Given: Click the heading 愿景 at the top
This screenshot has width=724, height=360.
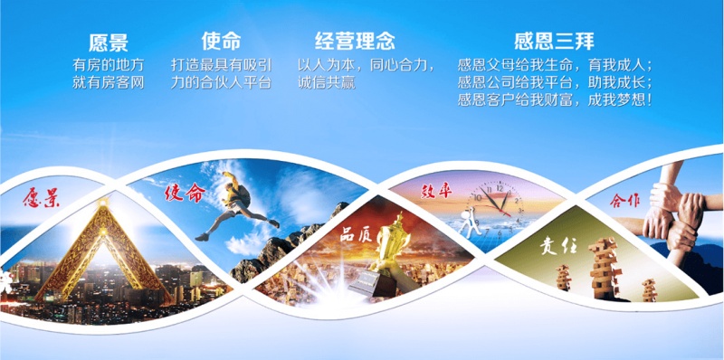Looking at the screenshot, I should point(108,42).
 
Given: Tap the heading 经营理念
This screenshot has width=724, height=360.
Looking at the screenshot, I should point(355,42).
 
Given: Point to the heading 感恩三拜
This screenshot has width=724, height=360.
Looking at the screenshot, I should point(555,42).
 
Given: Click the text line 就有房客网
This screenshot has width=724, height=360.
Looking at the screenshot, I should point(108,82).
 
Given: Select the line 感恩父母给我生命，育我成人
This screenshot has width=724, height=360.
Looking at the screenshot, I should point(555,65).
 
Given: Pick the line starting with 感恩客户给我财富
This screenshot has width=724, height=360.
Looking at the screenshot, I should point(555,99).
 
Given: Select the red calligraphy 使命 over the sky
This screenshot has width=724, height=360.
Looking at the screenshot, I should point(186,193).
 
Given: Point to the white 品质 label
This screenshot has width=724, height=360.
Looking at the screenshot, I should point(355,232).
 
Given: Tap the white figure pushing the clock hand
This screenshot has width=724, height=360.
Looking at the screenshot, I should point(467,216).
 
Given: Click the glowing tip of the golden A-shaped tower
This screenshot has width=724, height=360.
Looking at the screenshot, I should point(107,202).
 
